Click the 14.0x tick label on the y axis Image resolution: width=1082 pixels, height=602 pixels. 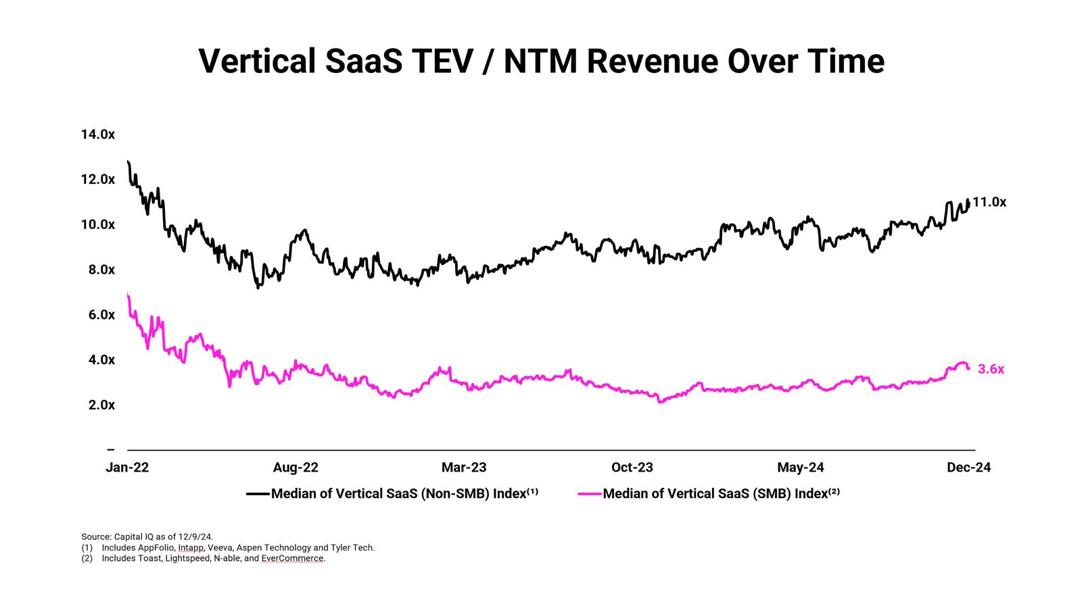point(98,134)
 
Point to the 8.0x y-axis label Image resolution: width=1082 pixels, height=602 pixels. point(98,270)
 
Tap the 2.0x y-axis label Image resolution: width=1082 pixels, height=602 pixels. point(98,405)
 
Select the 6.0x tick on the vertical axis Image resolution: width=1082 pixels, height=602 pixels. point(98,315)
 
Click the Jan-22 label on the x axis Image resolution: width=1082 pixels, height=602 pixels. point(127,468)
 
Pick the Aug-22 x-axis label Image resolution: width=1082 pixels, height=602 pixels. point(296,468)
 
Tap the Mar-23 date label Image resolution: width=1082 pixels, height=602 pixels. point(464,468)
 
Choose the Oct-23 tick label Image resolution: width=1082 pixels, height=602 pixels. point(632,468)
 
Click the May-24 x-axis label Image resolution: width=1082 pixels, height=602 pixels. point(801,468)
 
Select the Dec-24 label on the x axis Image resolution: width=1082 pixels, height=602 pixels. point(969,468)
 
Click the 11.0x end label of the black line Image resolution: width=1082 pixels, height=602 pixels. point(989,202)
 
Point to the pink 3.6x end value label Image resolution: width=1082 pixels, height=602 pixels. point(991,370)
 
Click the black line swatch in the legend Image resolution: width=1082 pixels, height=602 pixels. point(258,494)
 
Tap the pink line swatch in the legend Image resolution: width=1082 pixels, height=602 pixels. point(590,494)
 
